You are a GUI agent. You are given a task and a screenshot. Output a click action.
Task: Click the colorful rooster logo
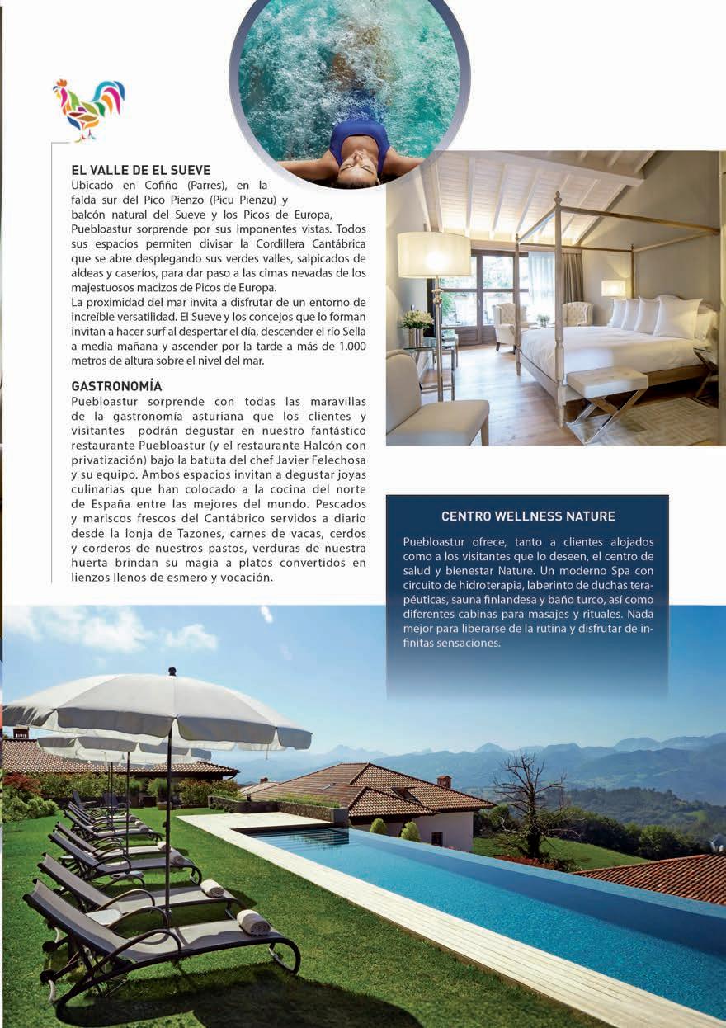[88, 108]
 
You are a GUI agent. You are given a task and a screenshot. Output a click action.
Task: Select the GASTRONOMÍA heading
[116, 385]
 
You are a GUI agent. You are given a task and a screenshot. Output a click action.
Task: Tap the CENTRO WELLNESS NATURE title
[528, 516]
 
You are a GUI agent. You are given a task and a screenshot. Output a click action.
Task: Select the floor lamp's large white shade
[434, 254]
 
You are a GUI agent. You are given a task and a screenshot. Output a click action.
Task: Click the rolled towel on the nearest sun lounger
[252, 922]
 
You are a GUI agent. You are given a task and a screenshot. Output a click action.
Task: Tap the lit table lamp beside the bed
[613, 288]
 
